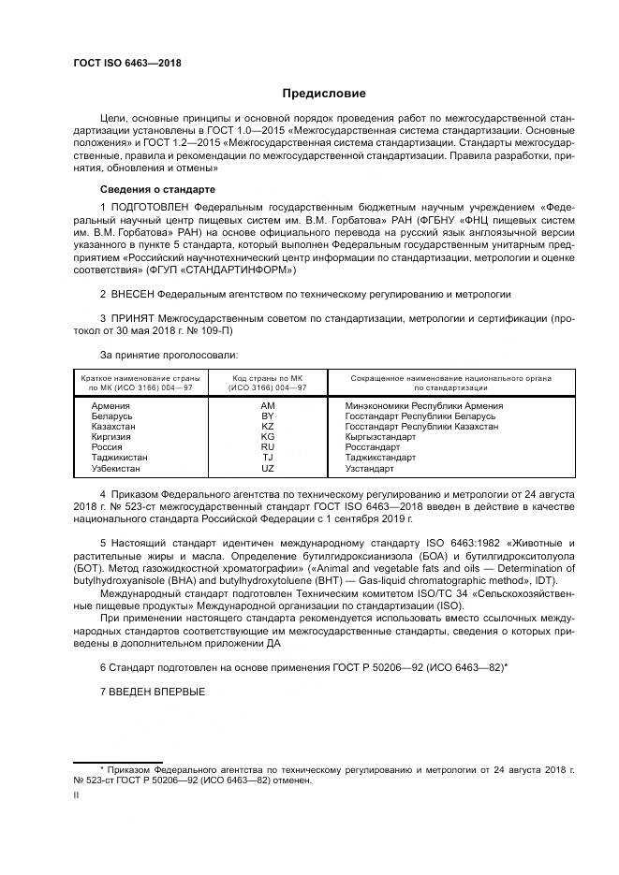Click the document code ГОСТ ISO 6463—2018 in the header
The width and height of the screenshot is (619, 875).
pos(126,63)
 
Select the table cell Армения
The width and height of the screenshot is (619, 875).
pos(111,406)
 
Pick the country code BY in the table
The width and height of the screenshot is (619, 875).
pos(267,416)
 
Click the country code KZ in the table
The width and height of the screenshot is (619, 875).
pos(267,427)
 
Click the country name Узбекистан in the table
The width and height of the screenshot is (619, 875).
pos(116,468)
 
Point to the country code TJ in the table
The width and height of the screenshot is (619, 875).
pos(267,458)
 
